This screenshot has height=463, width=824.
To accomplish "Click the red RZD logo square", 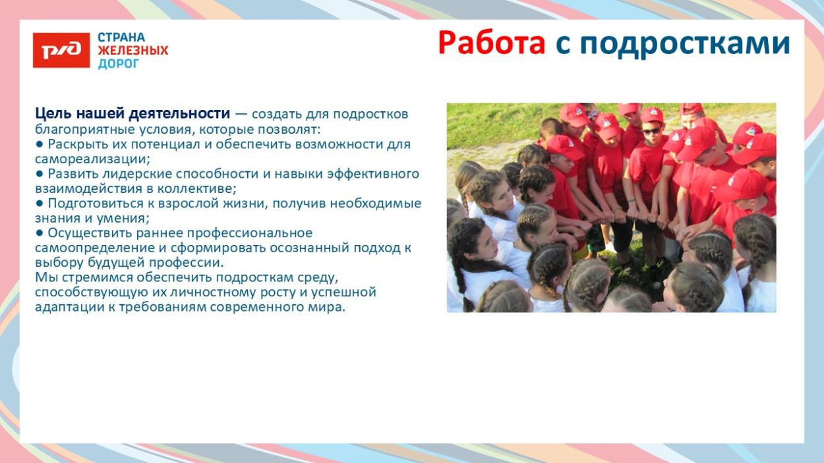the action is [x=61, y=50].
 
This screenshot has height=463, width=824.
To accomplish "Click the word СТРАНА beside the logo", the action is [x=121, y=38].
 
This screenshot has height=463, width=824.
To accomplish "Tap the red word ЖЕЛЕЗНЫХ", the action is [x=132, y=50].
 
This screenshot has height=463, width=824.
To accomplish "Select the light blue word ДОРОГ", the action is [x=119, y=64].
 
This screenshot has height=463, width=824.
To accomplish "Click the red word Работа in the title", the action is [x=492, y=43].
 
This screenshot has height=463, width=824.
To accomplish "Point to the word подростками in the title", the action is [x=685, y=45].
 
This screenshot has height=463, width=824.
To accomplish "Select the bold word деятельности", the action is [x=179, y=114].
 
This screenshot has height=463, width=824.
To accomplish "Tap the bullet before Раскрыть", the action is [x=40, y=144].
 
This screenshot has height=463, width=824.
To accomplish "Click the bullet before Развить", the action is [x=40, y=173].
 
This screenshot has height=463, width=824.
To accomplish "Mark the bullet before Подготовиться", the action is [x=40, y=203].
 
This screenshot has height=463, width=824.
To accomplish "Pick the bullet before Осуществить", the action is [x=40, y=232].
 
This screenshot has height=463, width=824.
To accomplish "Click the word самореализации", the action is [x=92, y=159].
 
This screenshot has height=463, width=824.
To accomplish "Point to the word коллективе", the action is [x=197, y=189].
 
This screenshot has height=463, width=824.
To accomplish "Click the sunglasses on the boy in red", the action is [x=651, y=131].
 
